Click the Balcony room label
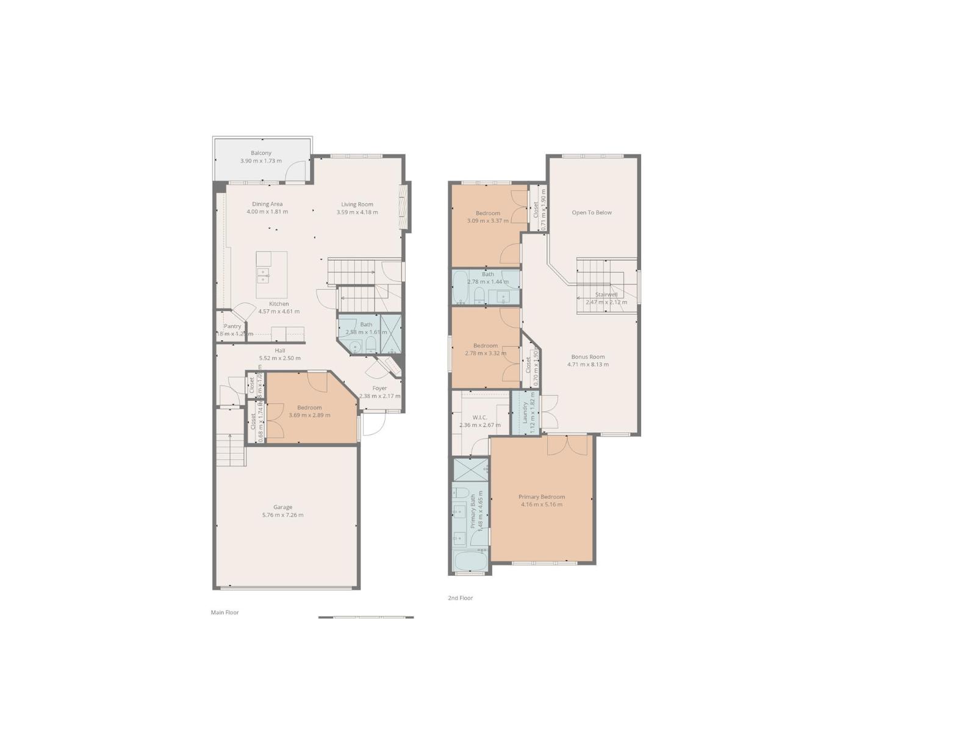tap(261, 153)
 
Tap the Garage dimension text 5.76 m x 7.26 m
tap(282, 515)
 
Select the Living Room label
tap(357, 204)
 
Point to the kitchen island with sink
tap(271, 274)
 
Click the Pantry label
tap(232, 326)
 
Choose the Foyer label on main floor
tap(379, 388)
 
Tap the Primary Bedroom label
tap(542, 497)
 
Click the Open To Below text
tap(591, 212)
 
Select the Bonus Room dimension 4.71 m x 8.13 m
tap(588, 365)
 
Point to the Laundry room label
tap(525, 412)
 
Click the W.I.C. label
tap(479, 417)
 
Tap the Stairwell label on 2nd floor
tap(606, 295)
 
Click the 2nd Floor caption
tap(460, 598)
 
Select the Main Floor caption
tap(224, 612)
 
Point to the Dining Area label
tap(267, 204)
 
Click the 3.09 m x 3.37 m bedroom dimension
tap(487, 221)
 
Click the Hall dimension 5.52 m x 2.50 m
tap(279, 358)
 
